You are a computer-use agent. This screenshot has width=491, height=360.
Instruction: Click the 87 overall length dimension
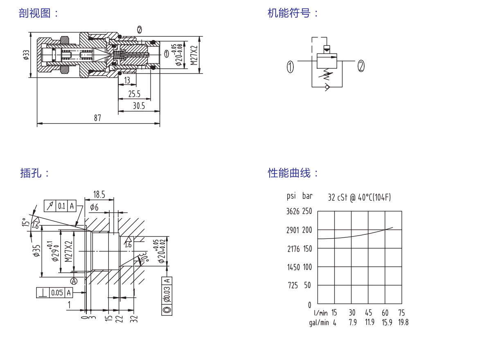click(97, 118)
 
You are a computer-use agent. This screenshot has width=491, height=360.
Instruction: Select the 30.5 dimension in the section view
click(139, 106)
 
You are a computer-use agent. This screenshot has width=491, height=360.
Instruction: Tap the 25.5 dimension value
click(134, 94)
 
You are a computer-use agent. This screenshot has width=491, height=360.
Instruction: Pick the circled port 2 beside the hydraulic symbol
click(361, 66)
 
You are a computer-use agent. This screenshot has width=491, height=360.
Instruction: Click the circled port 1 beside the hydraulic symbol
click(290, 67)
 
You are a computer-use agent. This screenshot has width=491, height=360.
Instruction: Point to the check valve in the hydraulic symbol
click(327, 87)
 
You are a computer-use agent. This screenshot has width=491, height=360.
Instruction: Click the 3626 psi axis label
click(293, 211)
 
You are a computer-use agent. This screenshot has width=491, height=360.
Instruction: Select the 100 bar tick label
click(307, 267)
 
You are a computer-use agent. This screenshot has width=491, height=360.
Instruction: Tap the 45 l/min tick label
click(369, 313)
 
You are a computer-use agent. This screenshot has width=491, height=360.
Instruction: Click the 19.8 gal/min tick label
click(403, 322)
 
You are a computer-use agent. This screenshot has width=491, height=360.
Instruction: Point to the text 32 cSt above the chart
click(337, 198)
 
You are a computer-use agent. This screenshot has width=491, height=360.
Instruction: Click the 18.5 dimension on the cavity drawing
click(99, 195)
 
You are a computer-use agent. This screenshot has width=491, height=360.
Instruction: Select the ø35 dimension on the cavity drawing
click(36, 250)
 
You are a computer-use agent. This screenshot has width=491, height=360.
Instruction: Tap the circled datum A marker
click(74, 281)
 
